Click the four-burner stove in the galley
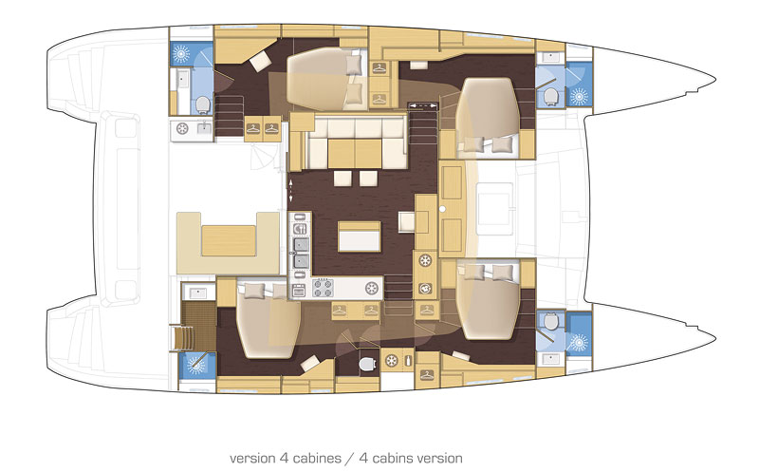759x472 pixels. [323, 288]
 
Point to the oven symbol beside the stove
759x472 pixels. [299, 291]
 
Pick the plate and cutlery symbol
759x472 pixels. [300, 228]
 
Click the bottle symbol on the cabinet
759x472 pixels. [408, 360]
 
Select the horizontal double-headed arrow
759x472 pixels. [421, 104]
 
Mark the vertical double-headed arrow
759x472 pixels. [290, 191]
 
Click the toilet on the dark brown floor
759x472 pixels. [368, 364]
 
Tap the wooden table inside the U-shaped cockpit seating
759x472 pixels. [229, 240]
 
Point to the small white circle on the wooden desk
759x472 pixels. [442, 209]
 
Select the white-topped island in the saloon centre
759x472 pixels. [360, 236]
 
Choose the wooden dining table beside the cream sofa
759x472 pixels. [355, 153]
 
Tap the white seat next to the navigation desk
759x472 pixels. [407, 221]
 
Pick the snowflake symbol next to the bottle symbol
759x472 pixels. [391, 360]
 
